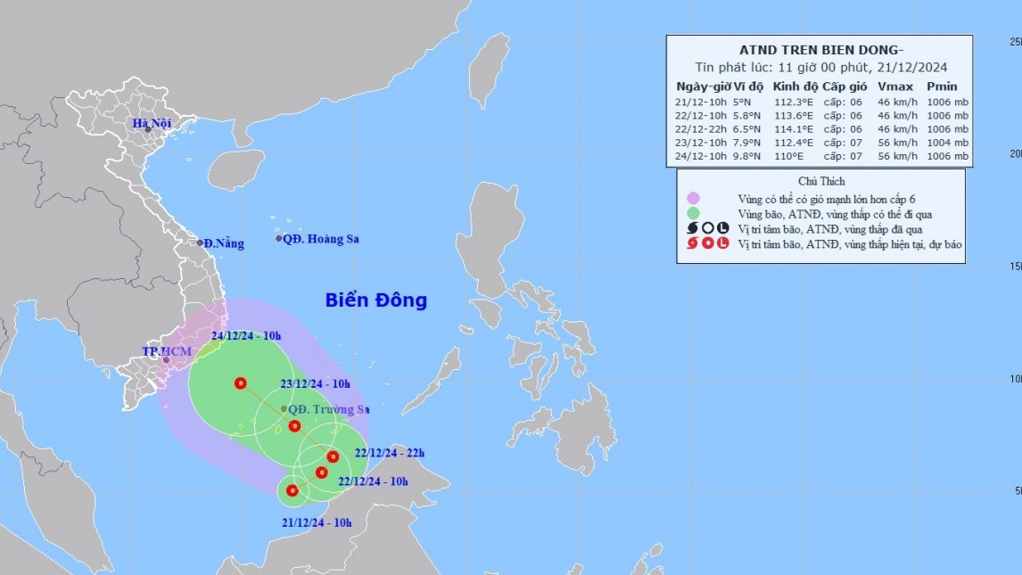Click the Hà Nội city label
tap(151, 123)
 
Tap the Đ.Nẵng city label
tap(222, 242)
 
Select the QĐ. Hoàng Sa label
tap(321, 239)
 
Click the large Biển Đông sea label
tap(375, 300)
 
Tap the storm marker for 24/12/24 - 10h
tap(240, 383)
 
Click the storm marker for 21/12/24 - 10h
tap(292, 490)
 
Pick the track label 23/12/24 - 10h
tap(317, 384)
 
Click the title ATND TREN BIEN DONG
tap(818, 50)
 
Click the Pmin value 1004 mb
tap(947, 142)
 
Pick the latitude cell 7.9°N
tap(747, 142)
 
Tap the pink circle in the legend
tap(693, 198)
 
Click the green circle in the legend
tap(693, 213)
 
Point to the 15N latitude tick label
tap(1014, 267)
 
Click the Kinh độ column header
tap(795, 86)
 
